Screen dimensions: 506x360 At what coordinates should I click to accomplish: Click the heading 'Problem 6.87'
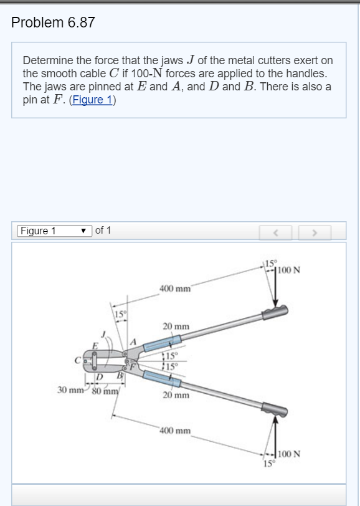(53, 23)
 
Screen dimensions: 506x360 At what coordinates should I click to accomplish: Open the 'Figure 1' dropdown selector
(54, 231)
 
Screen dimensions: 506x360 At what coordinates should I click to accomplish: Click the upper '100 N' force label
(289, 270)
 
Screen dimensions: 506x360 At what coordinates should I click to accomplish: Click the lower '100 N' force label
(289, 454)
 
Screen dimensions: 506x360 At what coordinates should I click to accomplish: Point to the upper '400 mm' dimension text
(176, 289)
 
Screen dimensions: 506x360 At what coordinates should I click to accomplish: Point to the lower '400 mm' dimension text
(176, 431)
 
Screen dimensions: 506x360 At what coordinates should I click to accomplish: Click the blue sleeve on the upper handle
(162, 343)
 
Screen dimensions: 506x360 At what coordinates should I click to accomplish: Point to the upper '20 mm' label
(176, 327)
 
